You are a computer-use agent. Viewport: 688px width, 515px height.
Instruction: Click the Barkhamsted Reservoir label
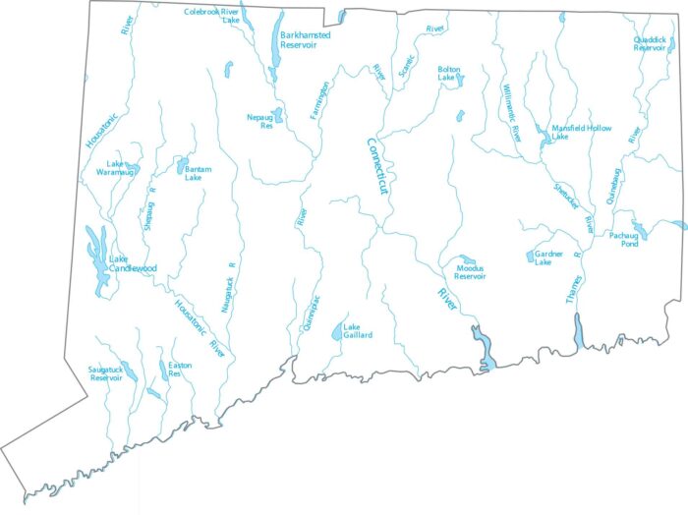point(305,40)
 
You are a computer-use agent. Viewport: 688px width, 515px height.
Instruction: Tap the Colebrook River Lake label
point(212,16)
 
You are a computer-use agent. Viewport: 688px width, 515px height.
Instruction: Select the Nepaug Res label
point(259,122)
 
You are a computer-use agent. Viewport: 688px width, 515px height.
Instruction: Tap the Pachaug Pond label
point(624,240)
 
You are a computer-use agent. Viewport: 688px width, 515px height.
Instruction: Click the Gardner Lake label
point(549,258)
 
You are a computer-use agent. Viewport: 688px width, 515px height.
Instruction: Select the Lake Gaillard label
point(358,331)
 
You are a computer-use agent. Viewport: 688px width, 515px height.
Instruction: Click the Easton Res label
point(180,370)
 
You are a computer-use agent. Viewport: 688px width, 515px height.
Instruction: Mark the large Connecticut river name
point(378,172)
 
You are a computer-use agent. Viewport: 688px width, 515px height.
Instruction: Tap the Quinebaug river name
point(616,187)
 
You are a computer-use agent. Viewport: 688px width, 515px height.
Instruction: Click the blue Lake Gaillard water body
point(337,332)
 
